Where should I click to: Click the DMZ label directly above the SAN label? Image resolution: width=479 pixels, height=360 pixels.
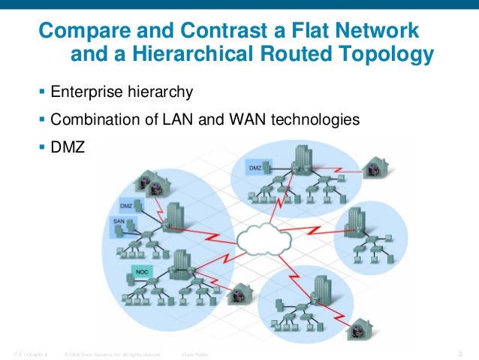(126, 204)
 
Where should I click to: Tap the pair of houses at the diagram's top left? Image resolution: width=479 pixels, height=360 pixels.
(150, 183)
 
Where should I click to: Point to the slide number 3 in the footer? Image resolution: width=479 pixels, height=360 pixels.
(459, 353)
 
